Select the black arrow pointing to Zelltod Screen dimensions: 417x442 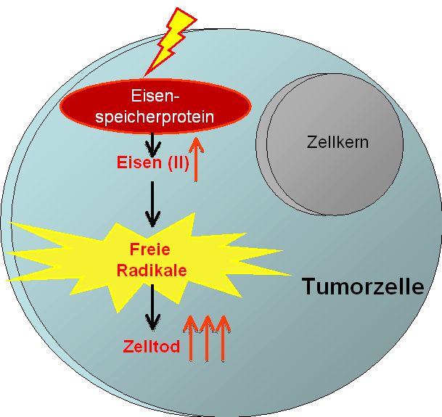(x=152, y=308)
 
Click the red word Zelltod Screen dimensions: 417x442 (x=150, y=346)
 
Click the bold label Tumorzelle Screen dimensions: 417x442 (x=363, y=286)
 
